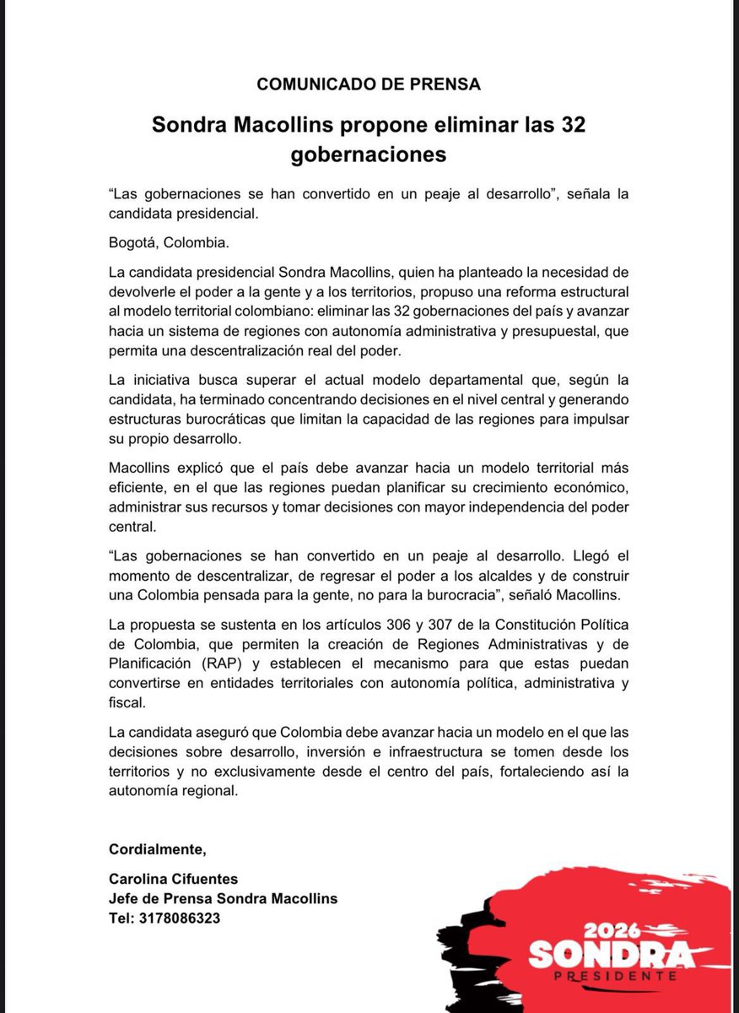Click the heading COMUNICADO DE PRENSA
coord(369,84)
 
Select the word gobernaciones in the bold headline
coord(368,154)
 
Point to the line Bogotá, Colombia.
coord(169,243)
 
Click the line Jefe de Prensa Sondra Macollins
coord(223,899)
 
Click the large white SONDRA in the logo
coord(612,955)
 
